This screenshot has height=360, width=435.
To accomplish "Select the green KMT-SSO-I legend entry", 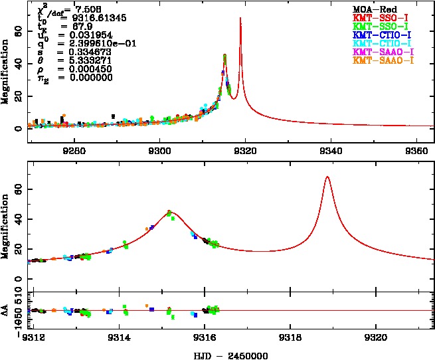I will tap(383, 26).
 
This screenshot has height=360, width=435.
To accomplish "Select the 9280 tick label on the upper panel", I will tap(74, 150).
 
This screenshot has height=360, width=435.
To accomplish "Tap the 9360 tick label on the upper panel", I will tap(416, 150).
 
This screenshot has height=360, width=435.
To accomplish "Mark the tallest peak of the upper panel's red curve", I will tap(240, 18).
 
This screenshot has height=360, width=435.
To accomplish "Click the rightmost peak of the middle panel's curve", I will tap(327, 177).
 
